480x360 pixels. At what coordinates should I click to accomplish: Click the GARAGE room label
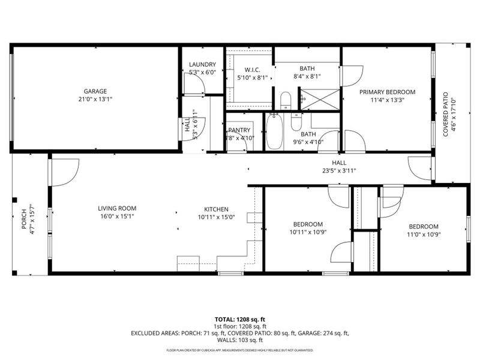[95, 91]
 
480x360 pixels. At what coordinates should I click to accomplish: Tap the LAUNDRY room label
[202, 65]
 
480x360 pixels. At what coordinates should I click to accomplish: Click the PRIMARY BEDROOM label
[387, 92]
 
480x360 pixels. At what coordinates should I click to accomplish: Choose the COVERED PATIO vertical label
[445, 114]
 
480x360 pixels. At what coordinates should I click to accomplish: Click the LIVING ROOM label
[117, 209]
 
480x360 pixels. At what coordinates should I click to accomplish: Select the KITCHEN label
[215, 209]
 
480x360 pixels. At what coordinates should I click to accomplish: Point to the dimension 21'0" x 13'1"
[95, 100]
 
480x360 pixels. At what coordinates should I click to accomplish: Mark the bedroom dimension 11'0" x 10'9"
[424, 235]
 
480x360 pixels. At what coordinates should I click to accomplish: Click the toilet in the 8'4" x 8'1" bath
[286, 100]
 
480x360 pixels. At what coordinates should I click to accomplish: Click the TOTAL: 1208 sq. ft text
[239, 319]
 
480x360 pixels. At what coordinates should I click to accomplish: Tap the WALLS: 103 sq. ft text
[239, 340]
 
